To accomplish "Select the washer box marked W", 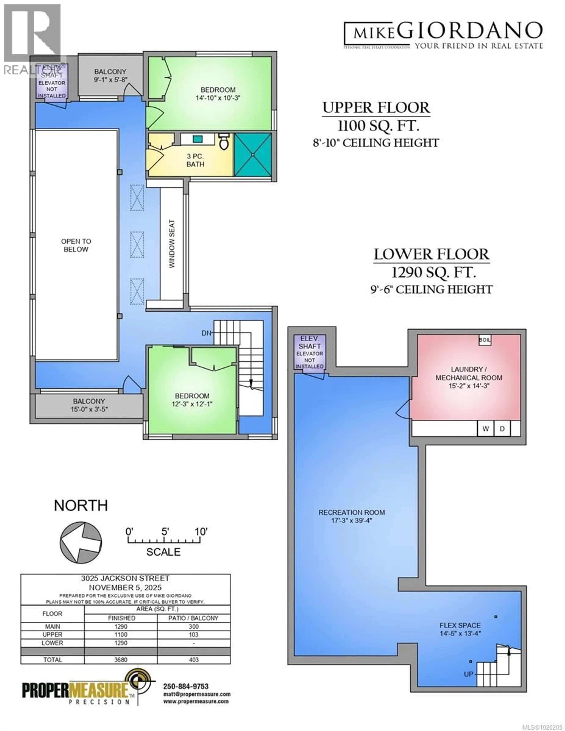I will click(x=485, y=429).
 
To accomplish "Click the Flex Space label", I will click(x=460, y=625).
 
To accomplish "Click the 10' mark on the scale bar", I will click(x=201, y=531).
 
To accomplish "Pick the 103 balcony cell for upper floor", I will click(x=194, y=635).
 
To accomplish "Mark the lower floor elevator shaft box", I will click(x=309, y=351).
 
